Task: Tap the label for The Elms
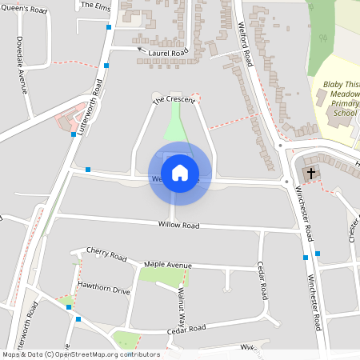pyautogui.click(x=95, y=5)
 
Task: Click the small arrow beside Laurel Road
pyautogui.click(x=142, y=49)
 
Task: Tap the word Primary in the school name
pyautogui.click(x=344, y=103)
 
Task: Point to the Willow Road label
pyautogui.click(x=178, y=226)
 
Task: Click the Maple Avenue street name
pyautogui.click(x=168, y=265)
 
